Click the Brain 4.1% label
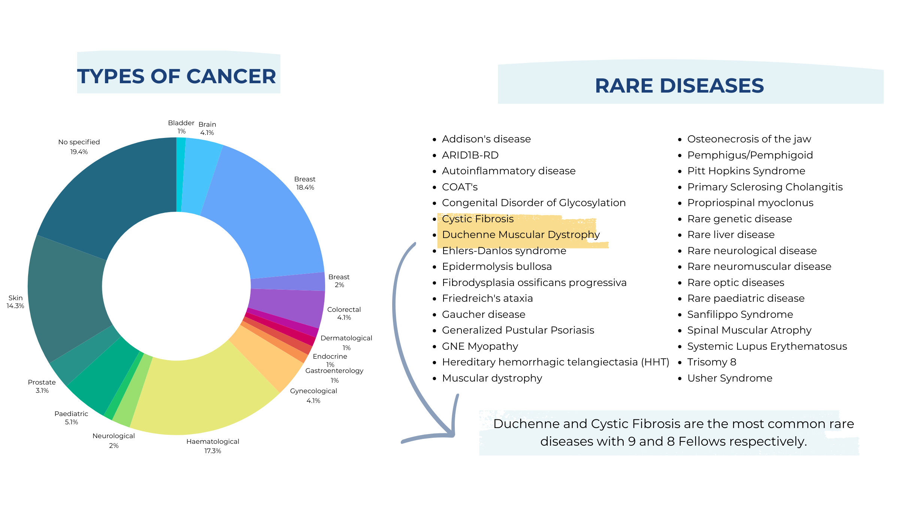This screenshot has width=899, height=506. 207,128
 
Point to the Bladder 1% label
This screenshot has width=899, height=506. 181,127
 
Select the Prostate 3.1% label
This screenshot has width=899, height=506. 42,386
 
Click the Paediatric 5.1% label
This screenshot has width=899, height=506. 71,418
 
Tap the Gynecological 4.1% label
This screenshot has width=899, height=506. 314,395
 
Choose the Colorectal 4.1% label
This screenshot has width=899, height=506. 344,313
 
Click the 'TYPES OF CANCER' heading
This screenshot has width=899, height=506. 176,76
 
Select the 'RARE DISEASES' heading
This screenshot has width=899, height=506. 679,85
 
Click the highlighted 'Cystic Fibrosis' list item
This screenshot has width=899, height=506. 478,219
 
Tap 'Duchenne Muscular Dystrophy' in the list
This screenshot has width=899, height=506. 521,235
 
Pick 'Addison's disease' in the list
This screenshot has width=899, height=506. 486,139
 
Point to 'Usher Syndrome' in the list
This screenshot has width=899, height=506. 730,378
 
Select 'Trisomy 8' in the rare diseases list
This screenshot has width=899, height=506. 712,362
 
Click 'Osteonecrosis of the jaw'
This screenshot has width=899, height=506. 749,139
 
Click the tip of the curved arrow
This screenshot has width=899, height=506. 454,436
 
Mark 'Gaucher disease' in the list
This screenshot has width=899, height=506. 484,314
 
